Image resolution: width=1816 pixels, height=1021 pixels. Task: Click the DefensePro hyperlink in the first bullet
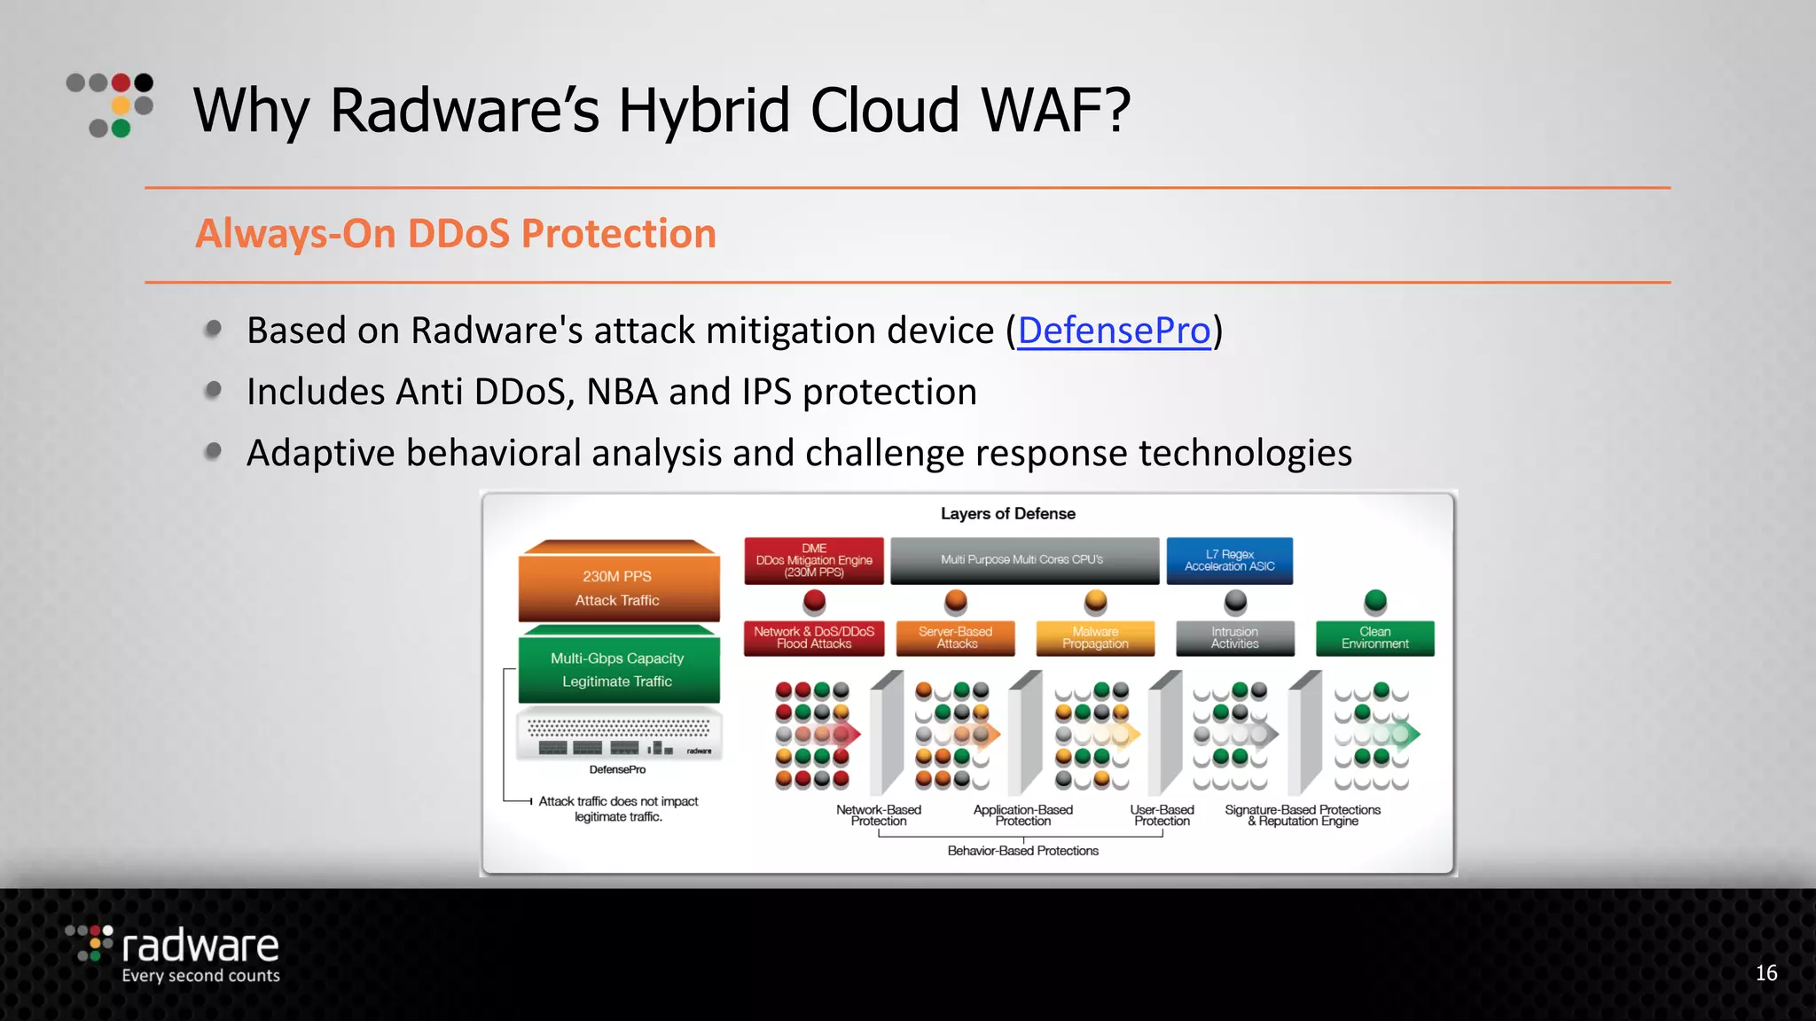[x=1114, y=331]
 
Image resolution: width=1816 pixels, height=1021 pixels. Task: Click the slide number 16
[x=1765, y=973]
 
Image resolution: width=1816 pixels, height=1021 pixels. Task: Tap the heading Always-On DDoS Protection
[x=456, y=234]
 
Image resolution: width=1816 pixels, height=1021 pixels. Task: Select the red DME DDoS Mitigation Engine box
[x=814, y=560]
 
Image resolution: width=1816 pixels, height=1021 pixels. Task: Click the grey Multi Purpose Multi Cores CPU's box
[x=1024, y=560]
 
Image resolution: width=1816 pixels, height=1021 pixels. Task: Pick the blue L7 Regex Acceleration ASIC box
[x=1229, y=560]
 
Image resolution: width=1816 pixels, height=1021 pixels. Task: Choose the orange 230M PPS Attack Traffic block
[x=618, y=587]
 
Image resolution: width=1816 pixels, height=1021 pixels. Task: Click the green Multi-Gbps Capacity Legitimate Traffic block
[x=618, y=669]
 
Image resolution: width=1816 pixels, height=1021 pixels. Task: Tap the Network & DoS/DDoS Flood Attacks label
[x=814, y=637]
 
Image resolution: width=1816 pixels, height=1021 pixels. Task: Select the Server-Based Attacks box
[x=955, y=637]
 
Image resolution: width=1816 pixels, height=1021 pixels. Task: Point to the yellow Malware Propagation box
[x=1095, y=637]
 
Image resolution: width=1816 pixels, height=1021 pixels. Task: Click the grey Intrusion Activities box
[x=1234, y=637]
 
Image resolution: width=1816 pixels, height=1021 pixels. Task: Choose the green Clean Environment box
[x=1374, y=637]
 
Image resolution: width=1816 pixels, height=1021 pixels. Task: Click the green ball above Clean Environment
[x=1375, y=601]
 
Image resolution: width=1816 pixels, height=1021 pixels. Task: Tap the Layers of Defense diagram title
[x=1007, y=514]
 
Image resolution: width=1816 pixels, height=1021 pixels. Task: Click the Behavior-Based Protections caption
[x=1022, y=851]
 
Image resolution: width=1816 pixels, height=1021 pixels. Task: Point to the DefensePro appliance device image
[x=619, y=735]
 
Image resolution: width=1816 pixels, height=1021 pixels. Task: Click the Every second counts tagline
[x=200, y=976]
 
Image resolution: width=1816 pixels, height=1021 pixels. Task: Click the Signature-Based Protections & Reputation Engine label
[x=1302, y=815]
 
